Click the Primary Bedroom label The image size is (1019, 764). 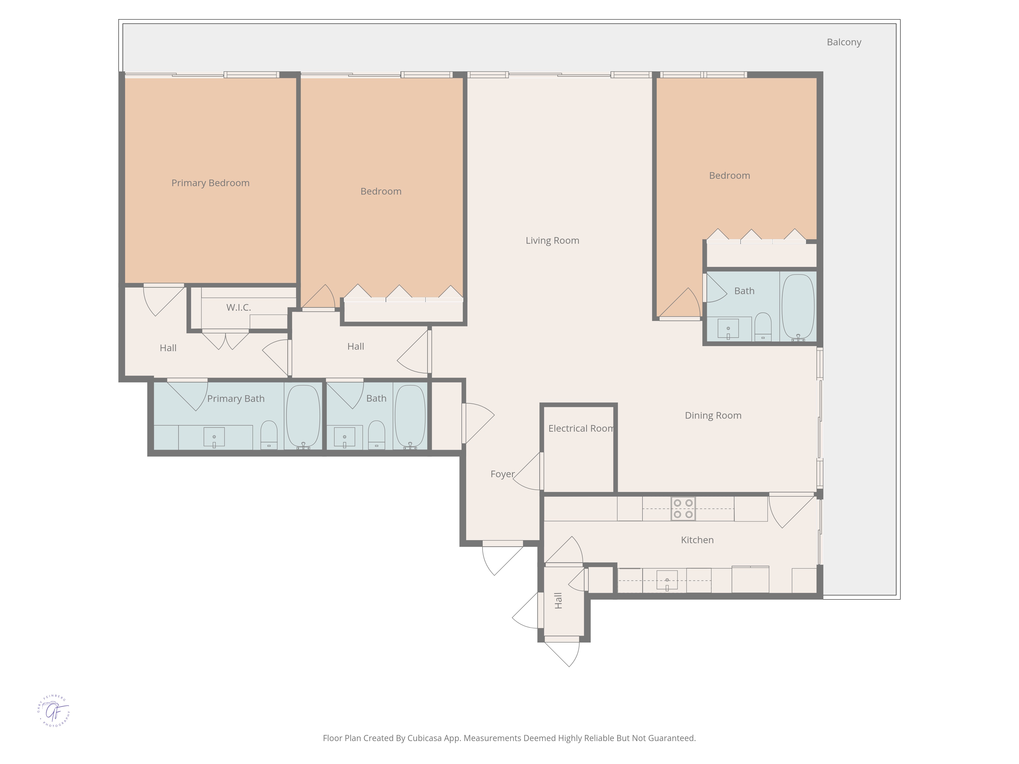pyautogui.click(x=210, y=183)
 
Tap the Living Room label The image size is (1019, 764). pyautogui.click(x=552, y=240)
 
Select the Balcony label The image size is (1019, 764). pyautogui.click(x=844, y=42)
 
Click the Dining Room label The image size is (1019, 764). pyautogui.click(x=713, y=415)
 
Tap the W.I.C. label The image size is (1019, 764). pyautogui.click(x=239, y=308)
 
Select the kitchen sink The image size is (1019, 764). pyautogui.click(x=667, y=580)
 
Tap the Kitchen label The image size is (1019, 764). pyautogui.click(x=698, y=540)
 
